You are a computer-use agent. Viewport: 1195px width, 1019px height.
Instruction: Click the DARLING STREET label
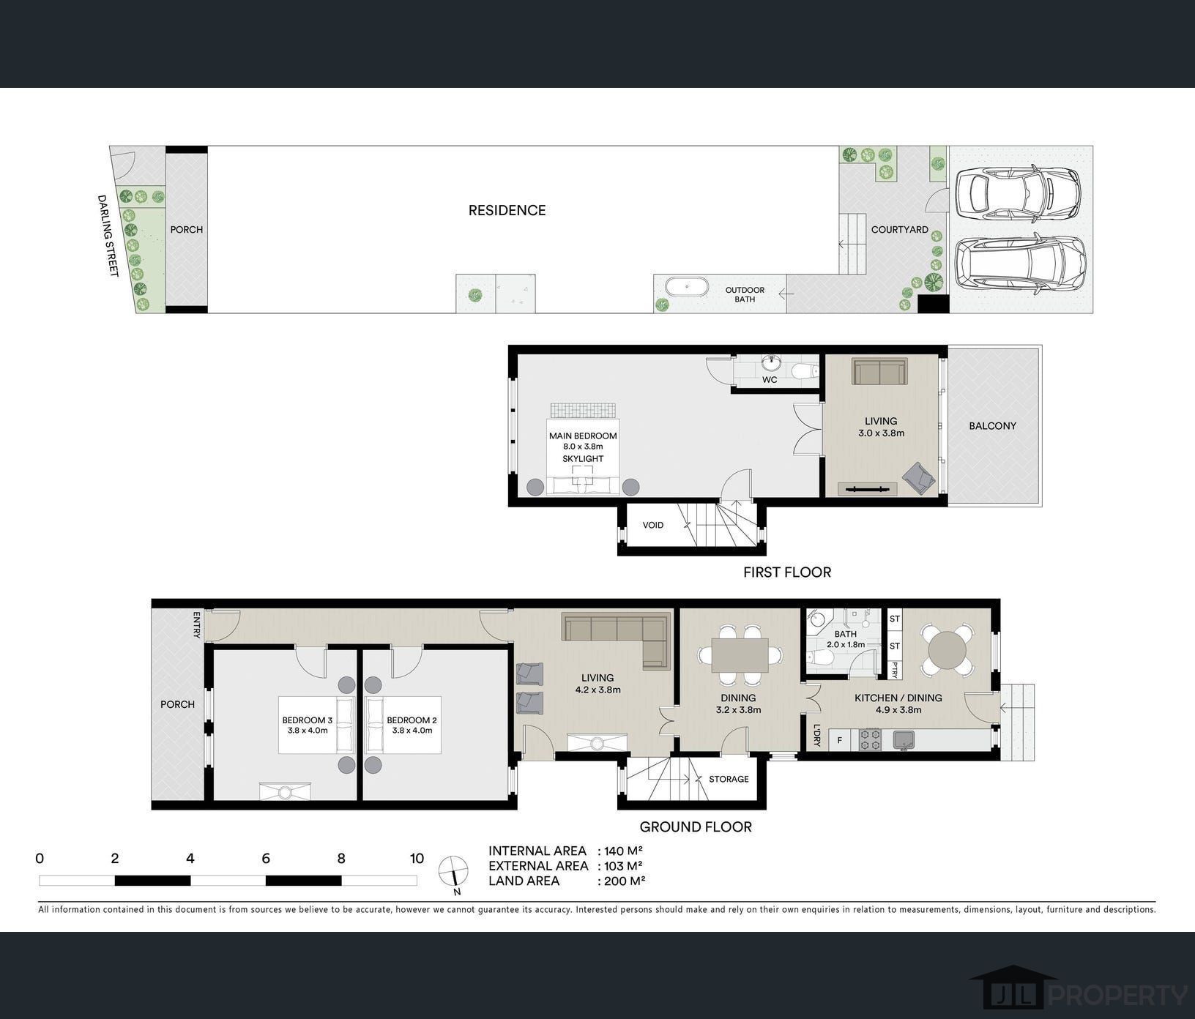point(108,236)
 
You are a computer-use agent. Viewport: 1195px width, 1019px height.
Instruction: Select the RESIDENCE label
point(507,211)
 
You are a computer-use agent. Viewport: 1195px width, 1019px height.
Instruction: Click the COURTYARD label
point(900,230)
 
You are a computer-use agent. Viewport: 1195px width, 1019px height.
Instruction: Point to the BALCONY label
point(992,426)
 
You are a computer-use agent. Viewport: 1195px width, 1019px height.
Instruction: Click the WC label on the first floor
point(770,380)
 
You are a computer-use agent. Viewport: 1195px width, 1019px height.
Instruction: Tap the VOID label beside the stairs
point(653,525)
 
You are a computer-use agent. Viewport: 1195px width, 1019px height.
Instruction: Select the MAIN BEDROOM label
point(583,436)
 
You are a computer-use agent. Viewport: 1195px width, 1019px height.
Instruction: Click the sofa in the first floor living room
point(879,371)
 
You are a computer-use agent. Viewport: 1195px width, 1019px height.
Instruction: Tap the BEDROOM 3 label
point(308,721)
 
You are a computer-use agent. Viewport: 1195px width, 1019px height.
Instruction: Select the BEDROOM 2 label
point(412,721)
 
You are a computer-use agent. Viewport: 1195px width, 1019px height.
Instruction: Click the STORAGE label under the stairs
point(729,780)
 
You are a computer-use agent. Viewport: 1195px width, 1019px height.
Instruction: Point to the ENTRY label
point(197,624)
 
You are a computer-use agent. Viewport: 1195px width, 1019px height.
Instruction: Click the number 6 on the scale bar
point(266,859)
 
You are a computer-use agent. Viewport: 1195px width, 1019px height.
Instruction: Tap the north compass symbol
point(454,873)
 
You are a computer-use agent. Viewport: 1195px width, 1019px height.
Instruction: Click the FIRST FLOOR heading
point(787,572)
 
